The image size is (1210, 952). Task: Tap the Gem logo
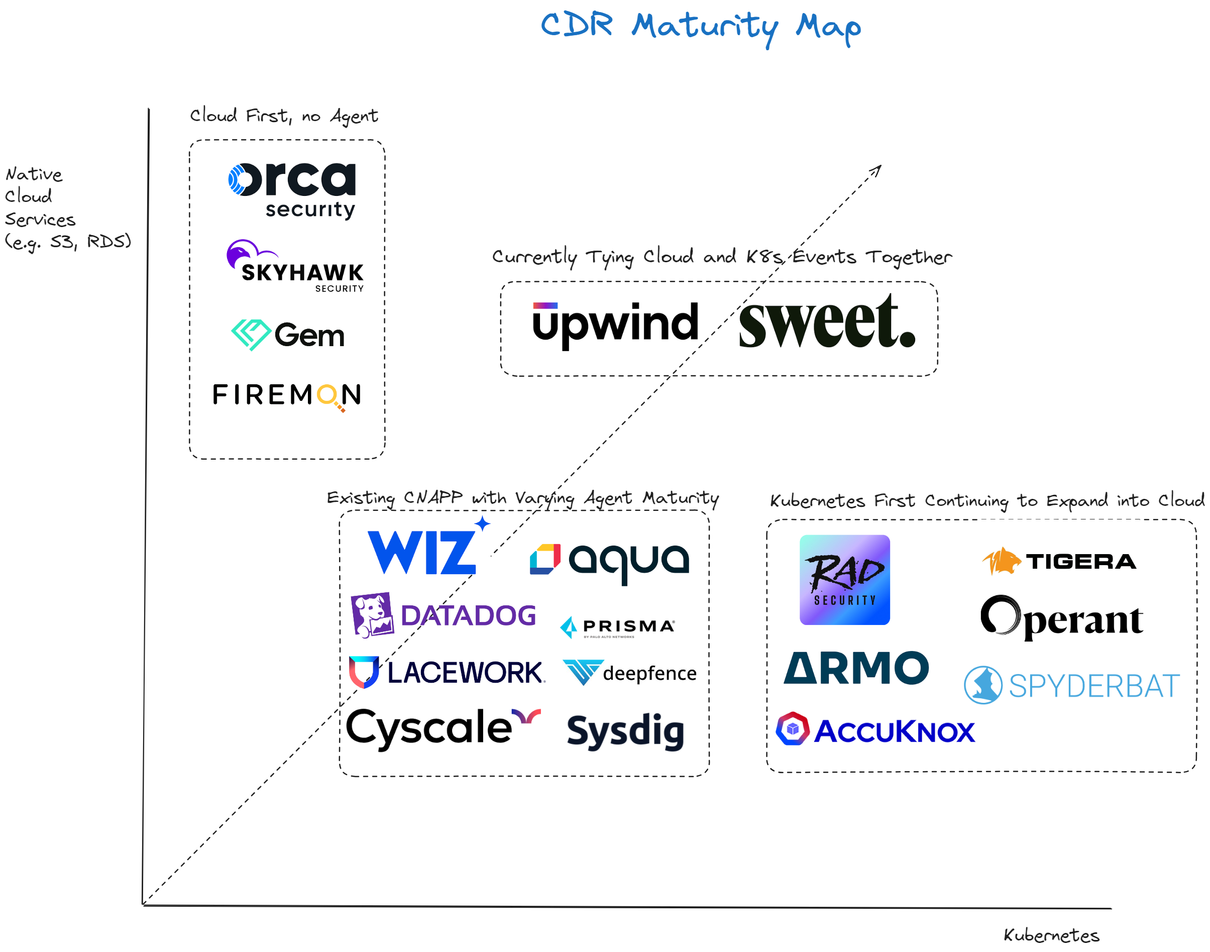coord(288,335)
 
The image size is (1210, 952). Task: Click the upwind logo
coord(615,324)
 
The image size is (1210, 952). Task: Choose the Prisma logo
coord(617,627)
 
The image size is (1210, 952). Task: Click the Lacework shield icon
coord(363,671)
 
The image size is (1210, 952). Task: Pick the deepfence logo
coord(629,672)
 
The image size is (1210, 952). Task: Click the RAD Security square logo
coord(844,579)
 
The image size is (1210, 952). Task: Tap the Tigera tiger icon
coord(1001,560)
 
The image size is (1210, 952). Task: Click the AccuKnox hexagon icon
coord(792,728)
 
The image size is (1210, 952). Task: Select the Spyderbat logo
coord(1071,685)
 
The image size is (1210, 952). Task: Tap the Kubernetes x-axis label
coord(1051,935)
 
